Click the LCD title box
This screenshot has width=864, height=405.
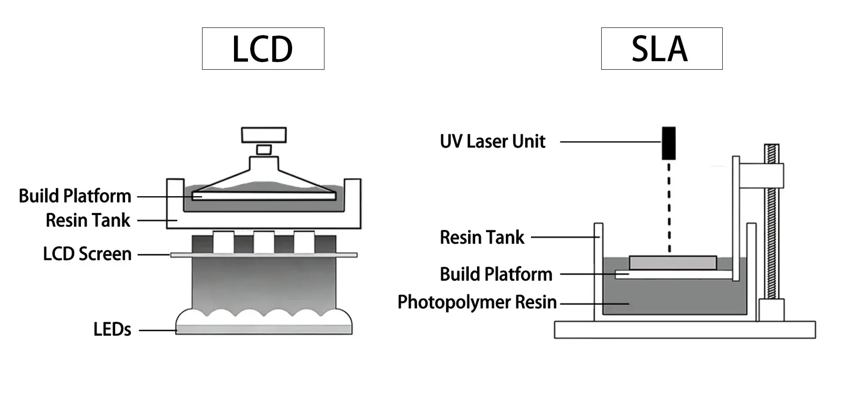click(263, 49)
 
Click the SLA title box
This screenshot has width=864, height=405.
click(661, 49)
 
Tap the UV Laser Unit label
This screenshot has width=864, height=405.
click(492, 141)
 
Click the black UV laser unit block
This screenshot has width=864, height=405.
click(668, 143)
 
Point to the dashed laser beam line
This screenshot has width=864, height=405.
click(669, 207)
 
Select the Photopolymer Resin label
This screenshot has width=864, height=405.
click(477, 302)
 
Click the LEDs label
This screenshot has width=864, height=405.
click(112, 329)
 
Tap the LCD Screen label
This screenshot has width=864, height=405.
click(87, 254)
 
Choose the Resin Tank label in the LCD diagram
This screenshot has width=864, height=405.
click(88, 220)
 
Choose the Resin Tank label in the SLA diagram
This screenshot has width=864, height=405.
click(482, 237)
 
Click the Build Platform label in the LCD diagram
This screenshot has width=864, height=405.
click(75, 196)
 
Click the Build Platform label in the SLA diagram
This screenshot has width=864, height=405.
click(496, 274)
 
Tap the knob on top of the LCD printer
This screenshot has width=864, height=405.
click(264, 135)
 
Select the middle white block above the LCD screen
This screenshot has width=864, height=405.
click(264, 242)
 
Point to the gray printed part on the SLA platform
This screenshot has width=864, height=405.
click(672, 262)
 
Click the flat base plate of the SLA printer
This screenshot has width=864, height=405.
click(684, 329)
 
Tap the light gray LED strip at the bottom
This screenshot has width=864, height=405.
click(264, 329)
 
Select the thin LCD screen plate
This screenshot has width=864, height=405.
click(264, 255)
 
